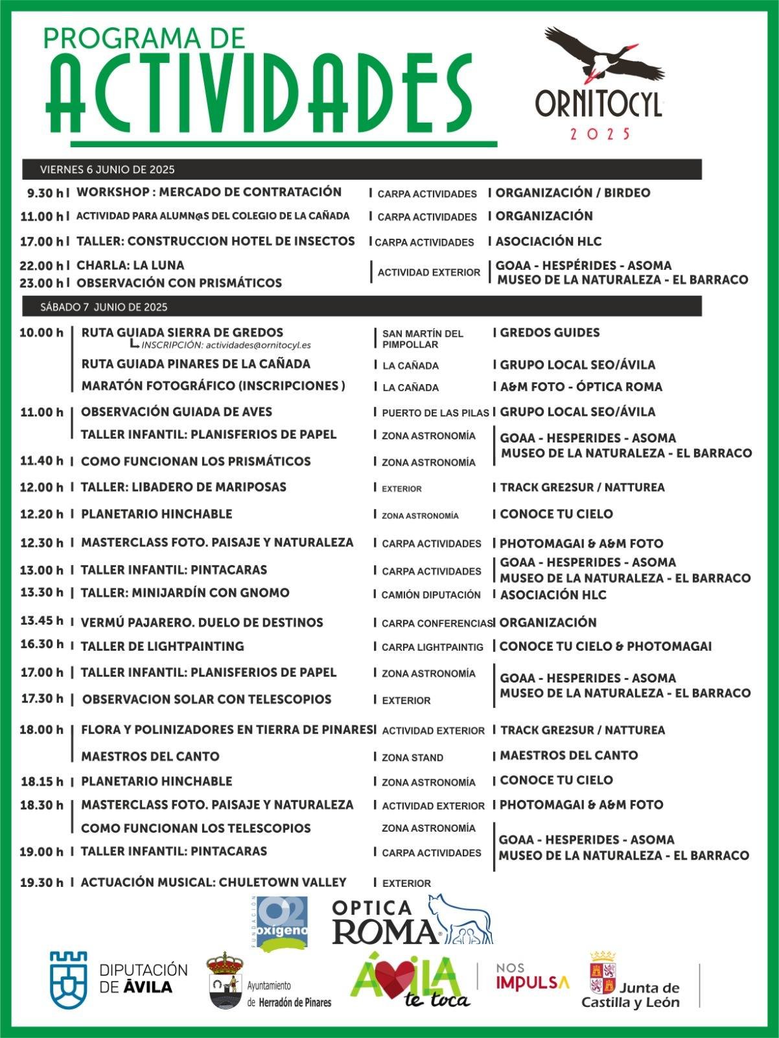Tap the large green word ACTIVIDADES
[259, 95]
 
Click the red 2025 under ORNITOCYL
[599, 134]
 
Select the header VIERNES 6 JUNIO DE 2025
[108, 170]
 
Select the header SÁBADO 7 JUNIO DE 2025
[104, 307]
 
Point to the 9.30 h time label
[45, 193]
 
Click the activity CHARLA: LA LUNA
[130, 265]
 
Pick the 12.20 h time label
[41, 514]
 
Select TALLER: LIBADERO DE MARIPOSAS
[183, 487]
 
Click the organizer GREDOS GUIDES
[550, 333]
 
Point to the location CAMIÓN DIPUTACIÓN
[431, 595]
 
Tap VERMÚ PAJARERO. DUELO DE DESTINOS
[202, 623]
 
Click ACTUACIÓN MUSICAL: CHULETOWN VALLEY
[213, 882]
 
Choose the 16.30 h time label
[41, 644]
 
